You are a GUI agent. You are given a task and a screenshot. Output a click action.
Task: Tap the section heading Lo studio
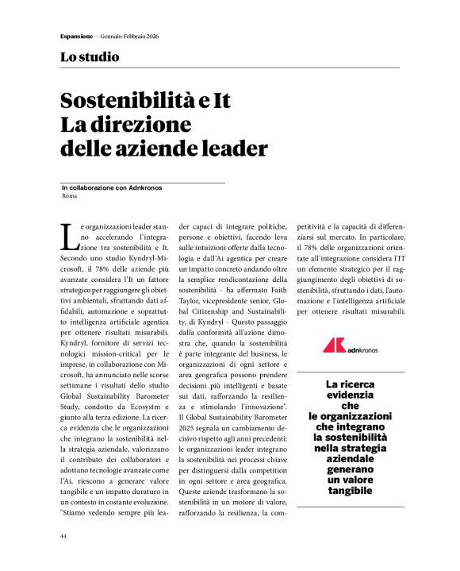coord(90,57)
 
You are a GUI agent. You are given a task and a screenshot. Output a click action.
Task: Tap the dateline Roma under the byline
coord(69,195)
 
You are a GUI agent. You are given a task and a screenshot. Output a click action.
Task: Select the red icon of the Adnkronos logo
coord(333,345)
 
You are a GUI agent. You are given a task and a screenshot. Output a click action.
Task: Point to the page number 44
coord(64,537)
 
